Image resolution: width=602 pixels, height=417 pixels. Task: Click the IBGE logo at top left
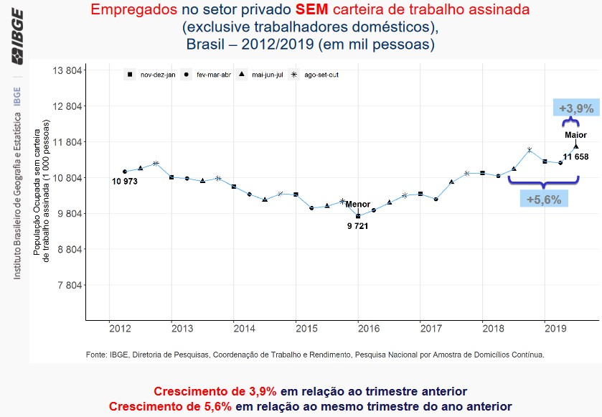17,36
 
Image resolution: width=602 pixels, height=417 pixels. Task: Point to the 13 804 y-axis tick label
65,70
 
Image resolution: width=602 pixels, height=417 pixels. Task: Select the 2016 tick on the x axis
368,329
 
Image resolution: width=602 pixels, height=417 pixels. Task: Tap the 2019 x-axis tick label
555,329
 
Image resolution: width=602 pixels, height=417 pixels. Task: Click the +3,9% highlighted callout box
576,108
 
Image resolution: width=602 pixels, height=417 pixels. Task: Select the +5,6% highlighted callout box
544,199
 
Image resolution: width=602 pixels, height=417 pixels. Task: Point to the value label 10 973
125,182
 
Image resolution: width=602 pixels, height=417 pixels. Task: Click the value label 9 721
357,226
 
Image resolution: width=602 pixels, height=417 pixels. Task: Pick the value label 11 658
575,156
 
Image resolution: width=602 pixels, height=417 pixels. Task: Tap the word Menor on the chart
358,205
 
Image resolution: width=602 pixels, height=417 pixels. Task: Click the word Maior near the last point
575,135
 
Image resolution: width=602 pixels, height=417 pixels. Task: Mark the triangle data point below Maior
575,146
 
